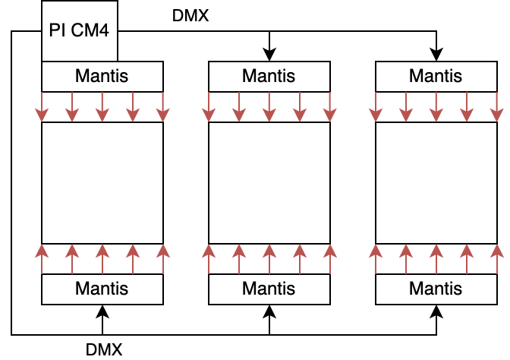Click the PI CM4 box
79,31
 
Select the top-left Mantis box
102,77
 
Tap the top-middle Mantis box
269,77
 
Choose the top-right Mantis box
436,77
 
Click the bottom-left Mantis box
102,289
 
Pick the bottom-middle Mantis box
269,289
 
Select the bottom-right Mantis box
436,289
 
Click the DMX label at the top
190,15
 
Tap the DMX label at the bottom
104,349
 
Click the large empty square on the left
102,183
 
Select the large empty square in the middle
269,183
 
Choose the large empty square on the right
436,183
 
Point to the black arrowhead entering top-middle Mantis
269,55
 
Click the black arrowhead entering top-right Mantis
436,55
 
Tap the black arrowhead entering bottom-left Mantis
102,311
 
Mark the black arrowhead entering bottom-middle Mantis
269,311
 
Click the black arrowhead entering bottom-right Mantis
436,311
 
